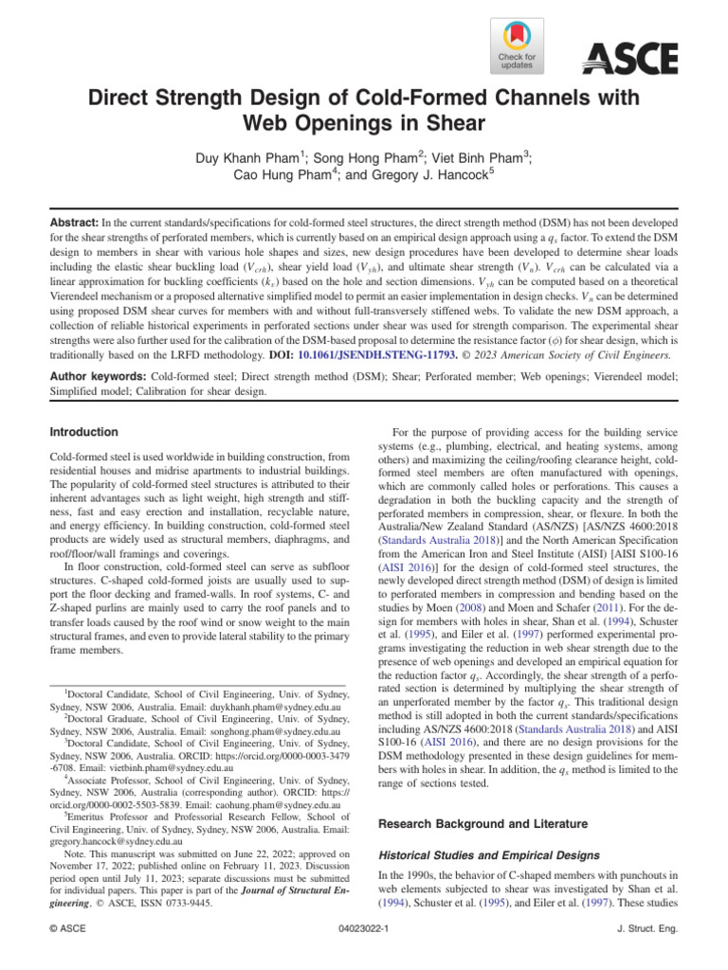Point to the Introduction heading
click(84, 433)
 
